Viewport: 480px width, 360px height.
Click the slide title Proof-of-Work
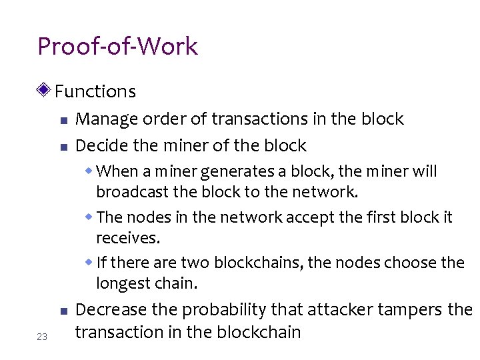coord(118,47)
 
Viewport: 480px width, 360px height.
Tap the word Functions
coord(95,91)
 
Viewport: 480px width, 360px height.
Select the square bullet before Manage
coord(63,121)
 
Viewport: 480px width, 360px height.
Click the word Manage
coord(107,119)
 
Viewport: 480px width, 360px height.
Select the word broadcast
coord(128,193)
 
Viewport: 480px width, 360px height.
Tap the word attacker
coord(339,310)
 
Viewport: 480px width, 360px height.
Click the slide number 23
coord(42,337)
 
